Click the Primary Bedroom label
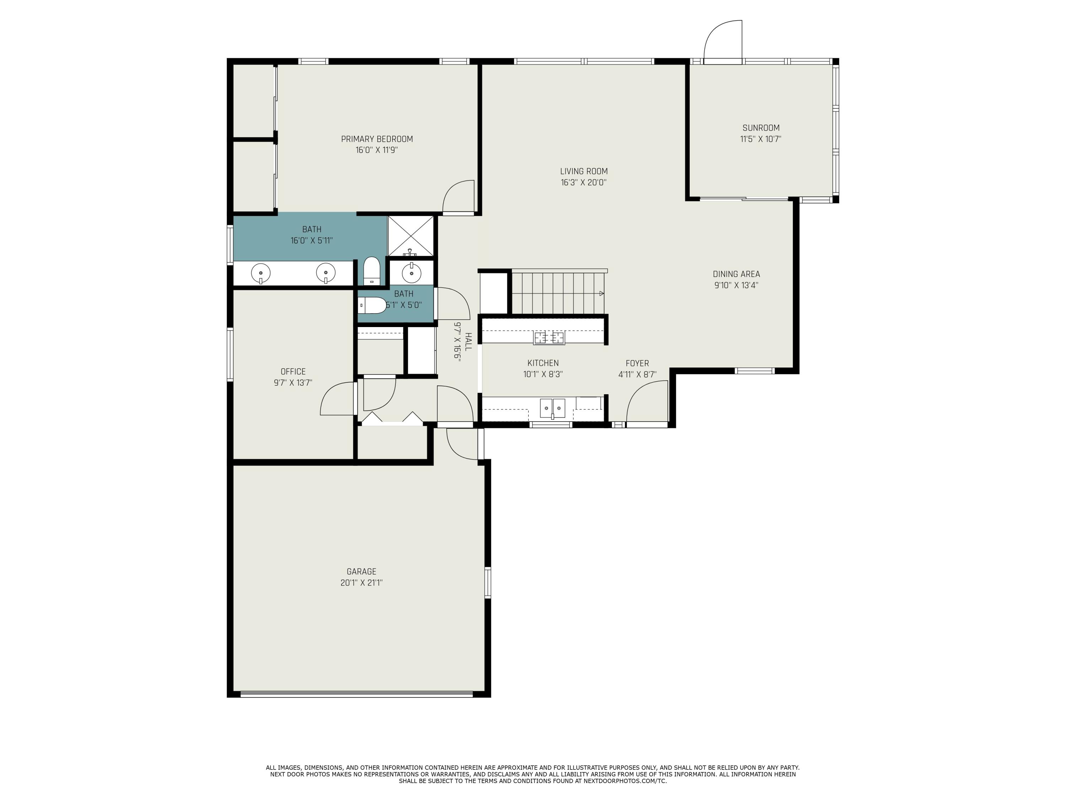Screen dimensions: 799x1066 pos(377,139)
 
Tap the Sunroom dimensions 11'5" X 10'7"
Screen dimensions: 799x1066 pos(760,139)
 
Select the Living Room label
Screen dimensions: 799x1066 pos(583,172)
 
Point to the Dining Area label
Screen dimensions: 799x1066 pos(736,274)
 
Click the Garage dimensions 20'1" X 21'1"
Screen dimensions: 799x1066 pos(361,583)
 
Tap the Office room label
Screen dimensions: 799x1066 pos(293,371)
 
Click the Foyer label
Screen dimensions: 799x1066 pos(637,363)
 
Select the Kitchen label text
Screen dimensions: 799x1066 pos(543,363)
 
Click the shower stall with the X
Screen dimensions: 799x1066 pos(411,236)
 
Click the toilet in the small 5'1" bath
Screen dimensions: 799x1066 pos(373,305)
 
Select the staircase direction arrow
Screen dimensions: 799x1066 pos(601,293)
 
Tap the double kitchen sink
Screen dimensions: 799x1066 pos(552,408)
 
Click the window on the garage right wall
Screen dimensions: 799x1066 pos(488,582)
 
